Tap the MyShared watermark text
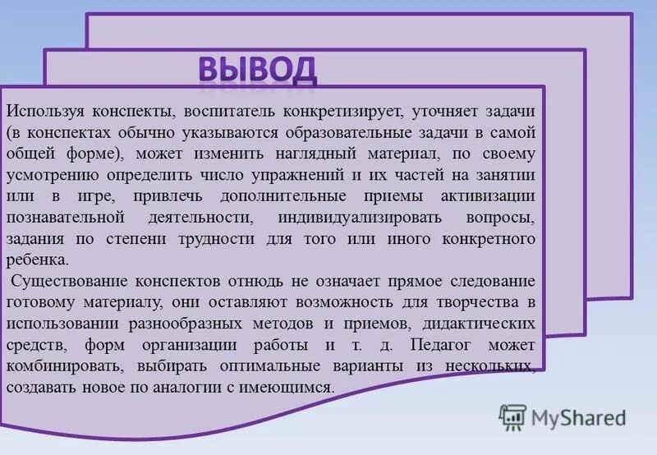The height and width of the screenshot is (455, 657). point(579,418)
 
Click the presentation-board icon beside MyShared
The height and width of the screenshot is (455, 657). point(513,418)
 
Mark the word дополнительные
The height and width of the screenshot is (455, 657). point(279,196)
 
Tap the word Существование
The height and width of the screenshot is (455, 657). point(67,282)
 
